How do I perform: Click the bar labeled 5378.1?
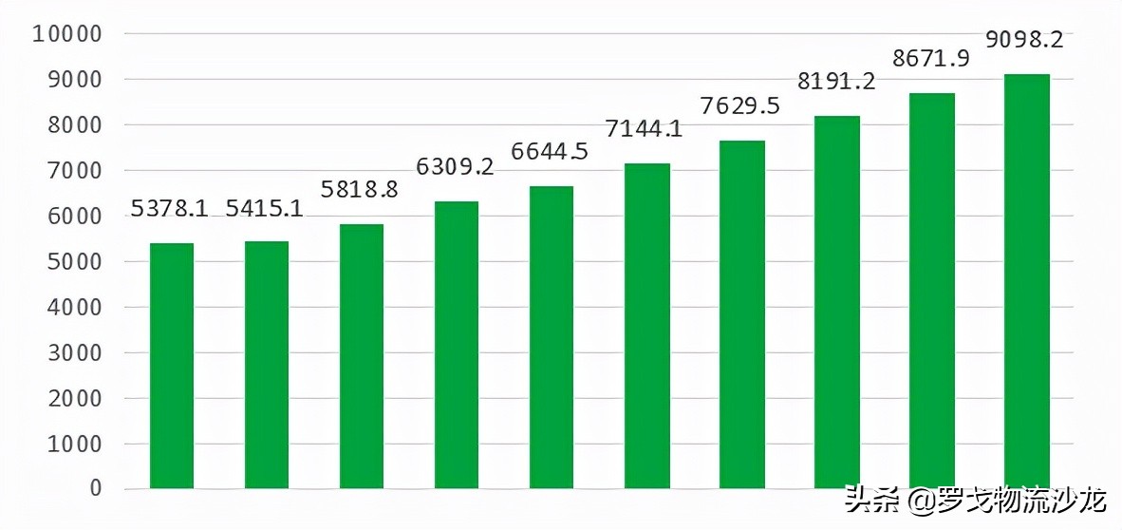pos(172,366)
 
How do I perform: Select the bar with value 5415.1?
pos(267,365)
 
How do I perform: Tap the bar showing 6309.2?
pos(457,345)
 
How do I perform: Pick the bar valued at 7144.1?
pos(647,326)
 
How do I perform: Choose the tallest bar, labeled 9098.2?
pos(1027,281)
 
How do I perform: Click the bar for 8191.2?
pos(837,302)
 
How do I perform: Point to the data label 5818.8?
pos(360,189)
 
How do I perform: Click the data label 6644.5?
pos(550,152)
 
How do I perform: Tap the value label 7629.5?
pos(739,105)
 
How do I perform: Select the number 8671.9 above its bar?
pos(930,59)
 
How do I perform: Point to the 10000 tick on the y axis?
pos(66,34)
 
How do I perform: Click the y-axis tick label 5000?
pos(74,261)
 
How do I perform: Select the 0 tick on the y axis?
pos(95,488)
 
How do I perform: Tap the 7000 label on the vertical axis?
pos(74,171)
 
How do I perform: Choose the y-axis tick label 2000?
pos(74,398)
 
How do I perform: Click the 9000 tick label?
pos(74,80)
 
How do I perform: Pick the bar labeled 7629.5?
pos(742,314)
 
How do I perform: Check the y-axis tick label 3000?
pos(74,352)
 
